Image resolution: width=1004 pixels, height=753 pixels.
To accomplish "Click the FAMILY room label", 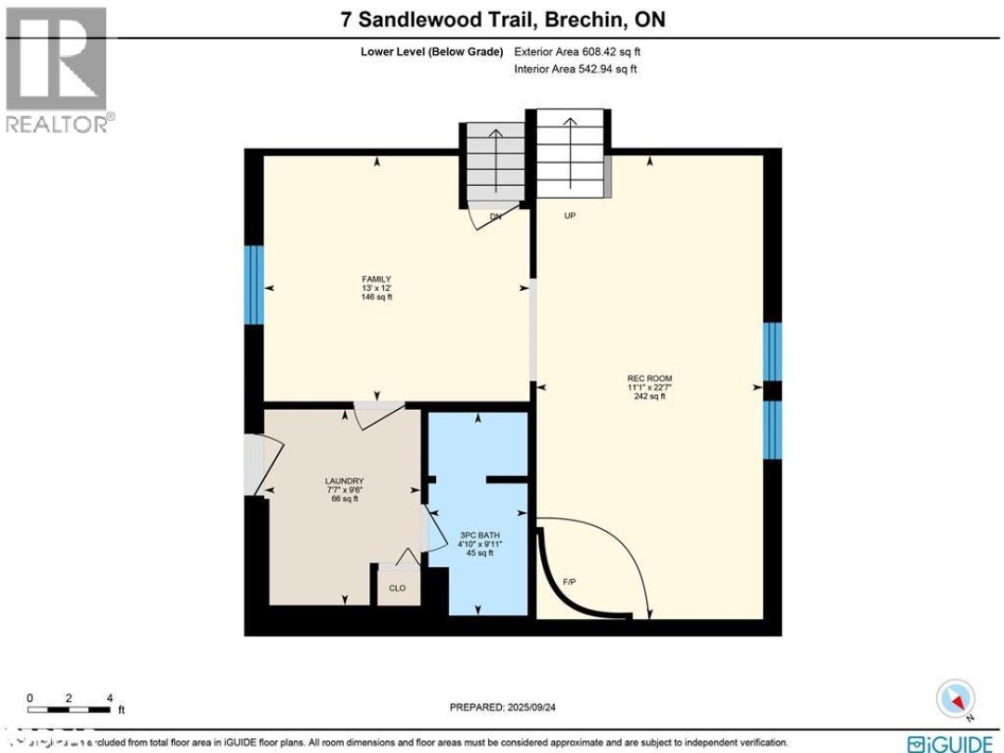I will coord(376,279).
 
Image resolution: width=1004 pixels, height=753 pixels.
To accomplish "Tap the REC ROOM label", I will coord(649,377).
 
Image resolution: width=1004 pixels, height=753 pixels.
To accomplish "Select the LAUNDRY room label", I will coord(344,481).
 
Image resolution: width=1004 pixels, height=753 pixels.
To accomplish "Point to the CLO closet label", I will coord(398,588).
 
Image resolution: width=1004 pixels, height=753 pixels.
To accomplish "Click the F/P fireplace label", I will coord(571,582).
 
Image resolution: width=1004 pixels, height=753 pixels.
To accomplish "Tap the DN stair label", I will coord(495,217).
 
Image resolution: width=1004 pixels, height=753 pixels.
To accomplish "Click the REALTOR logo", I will coord(58,71).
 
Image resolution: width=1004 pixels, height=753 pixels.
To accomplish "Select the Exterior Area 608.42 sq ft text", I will coord(577,52).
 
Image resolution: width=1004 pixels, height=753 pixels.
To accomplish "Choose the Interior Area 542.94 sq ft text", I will coord(575,69).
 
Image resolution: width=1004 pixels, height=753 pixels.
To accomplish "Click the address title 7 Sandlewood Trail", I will coord(502,20).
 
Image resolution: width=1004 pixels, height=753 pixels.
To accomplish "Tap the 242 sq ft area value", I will coord(649,396).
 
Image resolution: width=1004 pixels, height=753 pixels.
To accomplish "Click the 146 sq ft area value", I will coord(376,297).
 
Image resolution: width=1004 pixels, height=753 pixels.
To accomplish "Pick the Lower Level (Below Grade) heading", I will coord(432,52).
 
